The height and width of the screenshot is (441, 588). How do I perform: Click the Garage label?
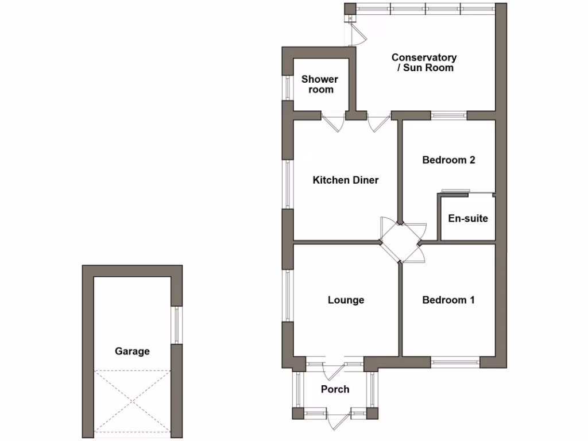coord(132,351)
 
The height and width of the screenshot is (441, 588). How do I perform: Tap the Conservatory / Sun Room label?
coord(424,63)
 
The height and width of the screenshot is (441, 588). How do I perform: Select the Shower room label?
coord(320,84)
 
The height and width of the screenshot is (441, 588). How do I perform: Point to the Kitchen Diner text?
coord(346,180)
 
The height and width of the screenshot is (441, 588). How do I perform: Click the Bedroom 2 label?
coord(448,160)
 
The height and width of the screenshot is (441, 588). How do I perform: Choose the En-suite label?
coord(468,218)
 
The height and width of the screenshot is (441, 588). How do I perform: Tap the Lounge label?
coord(346,300)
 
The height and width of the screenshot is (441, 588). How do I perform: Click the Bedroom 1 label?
coord(448,300)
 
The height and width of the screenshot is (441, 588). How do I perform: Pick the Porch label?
coord(335,389)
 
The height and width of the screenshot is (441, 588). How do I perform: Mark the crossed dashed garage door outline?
coord(133,401)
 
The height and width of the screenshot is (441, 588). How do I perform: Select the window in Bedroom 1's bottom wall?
coord(455,362)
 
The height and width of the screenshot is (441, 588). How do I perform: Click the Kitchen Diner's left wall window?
coord(288,184)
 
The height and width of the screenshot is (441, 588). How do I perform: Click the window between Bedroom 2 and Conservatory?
coord(449,115)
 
